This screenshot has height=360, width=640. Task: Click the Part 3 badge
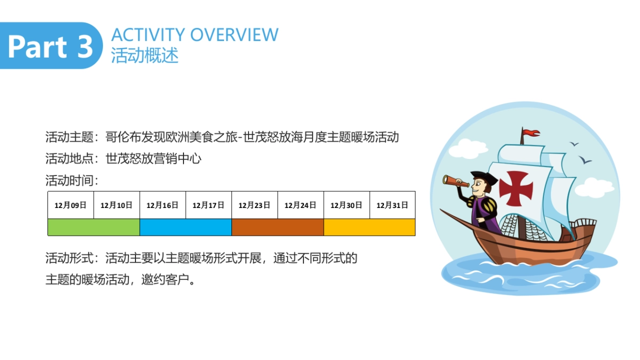point(50,46)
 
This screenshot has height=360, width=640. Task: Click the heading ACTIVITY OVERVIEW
point(195,35)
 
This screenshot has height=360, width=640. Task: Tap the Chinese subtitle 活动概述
point(145,55)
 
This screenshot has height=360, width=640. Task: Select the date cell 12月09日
point(71,205)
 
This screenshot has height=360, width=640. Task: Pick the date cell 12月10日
point(117,205)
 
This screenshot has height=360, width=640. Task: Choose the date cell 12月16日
point(163,205)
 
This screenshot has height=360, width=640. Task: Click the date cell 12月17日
point(209,205)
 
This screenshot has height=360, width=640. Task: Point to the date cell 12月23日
point(254,205)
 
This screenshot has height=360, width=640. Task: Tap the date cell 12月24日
point(300,205)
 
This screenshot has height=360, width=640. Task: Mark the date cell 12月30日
point(347,205)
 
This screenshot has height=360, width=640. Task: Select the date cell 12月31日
point(393,205)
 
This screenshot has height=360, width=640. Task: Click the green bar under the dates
point(94,227)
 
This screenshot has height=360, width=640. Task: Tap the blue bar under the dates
point(186,227)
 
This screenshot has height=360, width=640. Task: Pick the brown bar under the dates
point(277,227)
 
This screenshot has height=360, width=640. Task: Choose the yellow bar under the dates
point(370,227)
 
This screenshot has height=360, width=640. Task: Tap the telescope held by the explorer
point(455,181)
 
